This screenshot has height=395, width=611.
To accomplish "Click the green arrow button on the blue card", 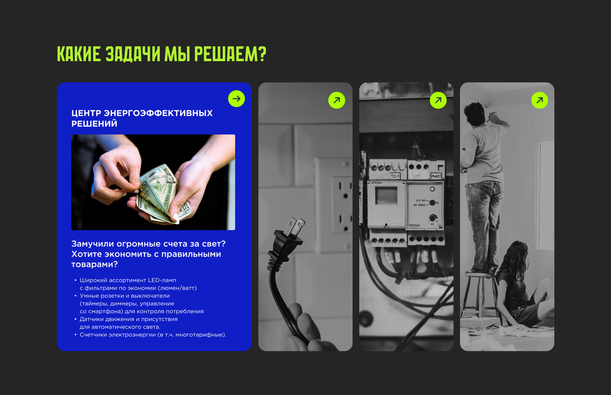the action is [x=237, y=98].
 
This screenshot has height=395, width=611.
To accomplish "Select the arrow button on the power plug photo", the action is [x=337, y=100].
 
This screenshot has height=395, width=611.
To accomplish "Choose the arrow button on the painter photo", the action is [x=540, y=100].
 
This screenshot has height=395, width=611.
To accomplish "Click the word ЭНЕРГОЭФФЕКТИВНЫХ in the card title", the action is [x=158, y=113].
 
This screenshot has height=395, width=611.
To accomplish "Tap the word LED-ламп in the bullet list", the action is [x=162, y=280].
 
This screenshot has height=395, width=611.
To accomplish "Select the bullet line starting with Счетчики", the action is [x=153, y=335].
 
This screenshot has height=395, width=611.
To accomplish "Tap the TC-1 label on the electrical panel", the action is [x=395, y=176].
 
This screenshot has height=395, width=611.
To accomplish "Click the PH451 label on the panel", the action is [x=436, y=176].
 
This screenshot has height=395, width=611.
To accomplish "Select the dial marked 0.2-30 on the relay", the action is [x=432, y=203].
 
